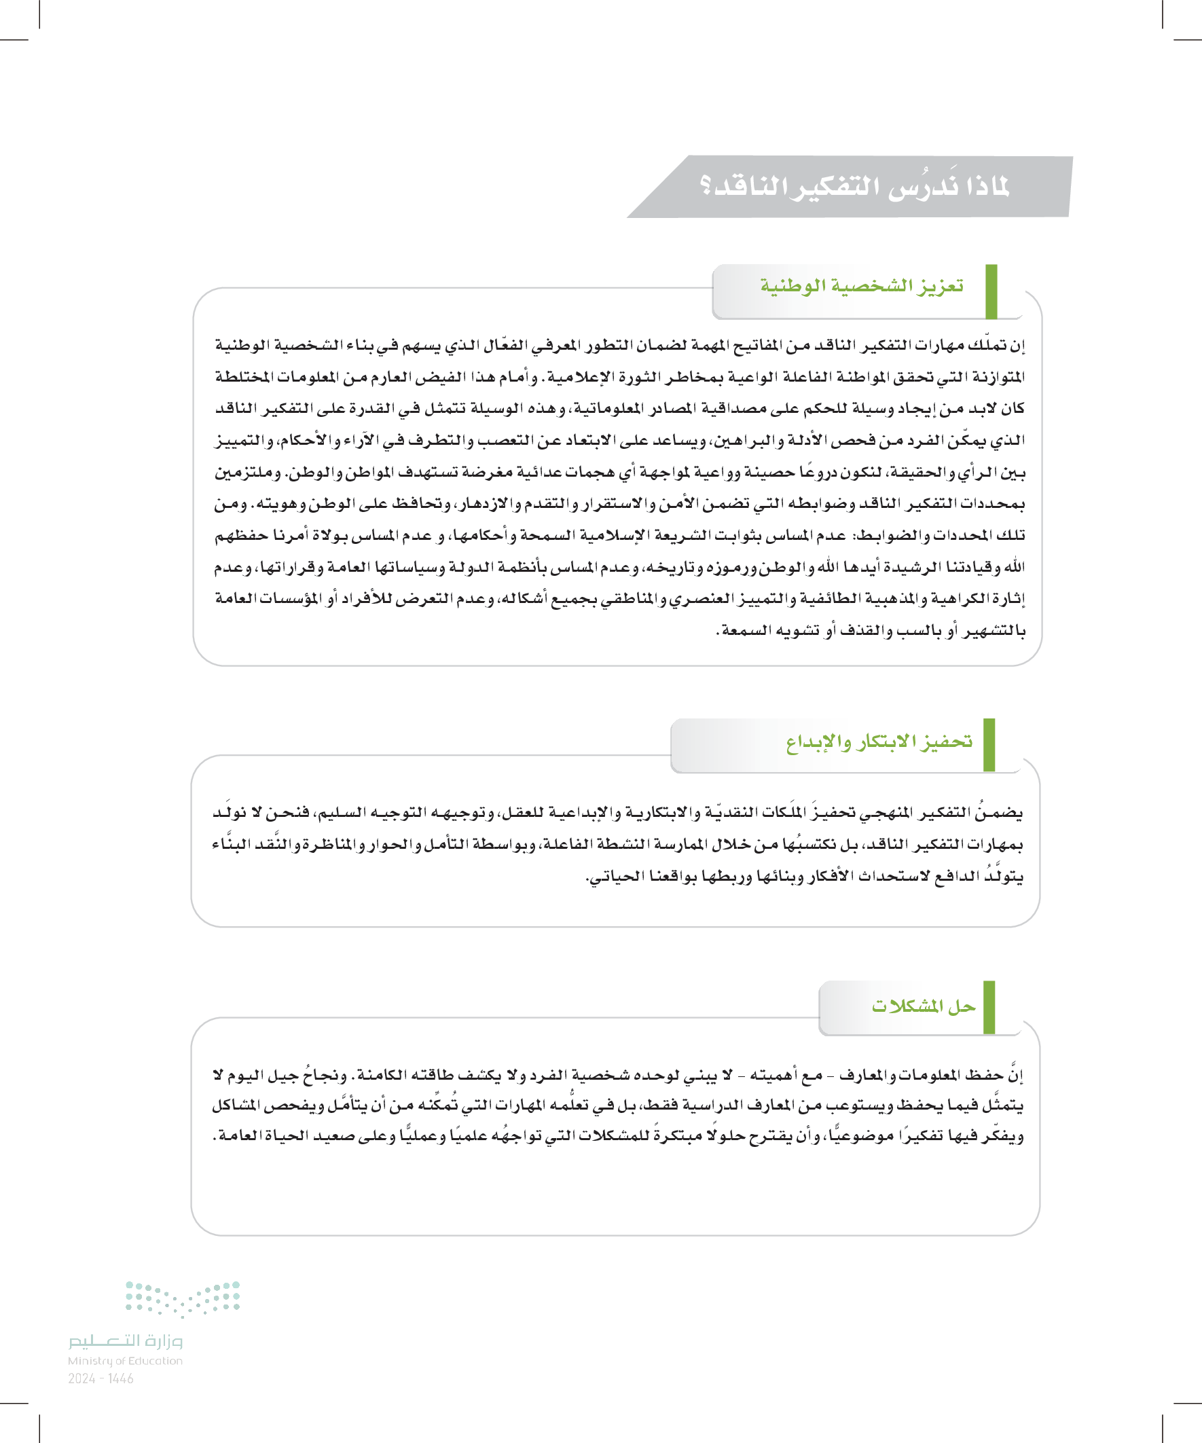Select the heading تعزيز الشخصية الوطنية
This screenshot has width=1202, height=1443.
click(861, 285)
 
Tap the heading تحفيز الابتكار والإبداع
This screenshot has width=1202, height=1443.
click(879, 742)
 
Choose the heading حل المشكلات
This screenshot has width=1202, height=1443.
click(923, 1006)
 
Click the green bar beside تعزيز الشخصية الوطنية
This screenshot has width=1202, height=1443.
click(991, 291)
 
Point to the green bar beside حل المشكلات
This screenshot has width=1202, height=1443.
click(989, 1007)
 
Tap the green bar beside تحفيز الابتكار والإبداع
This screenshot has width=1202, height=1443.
click(989, 745)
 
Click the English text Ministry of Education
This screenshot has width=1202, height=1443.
click(125, 1361)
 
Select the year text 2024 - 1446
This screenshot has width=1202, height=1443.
click(101, 1378)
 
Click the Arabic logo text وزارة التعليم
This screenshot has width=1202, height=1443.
click(125, 1340)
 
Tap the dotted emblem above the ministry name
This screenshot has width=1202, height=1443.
click(182, 1298)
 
